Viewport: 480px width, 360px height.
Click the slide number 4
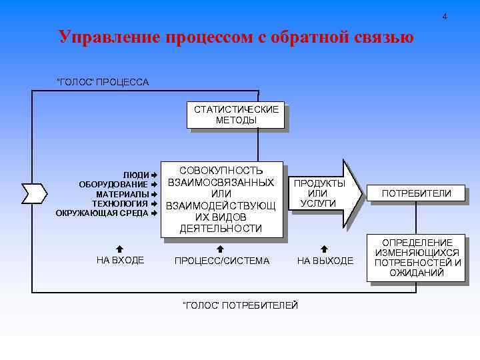(445, 15)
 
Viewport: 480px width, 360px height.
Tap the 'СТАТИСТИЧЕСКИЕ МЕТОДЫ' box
(237, 115)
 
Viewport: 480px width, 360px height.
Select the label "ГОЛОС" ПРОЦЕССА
(103, 82)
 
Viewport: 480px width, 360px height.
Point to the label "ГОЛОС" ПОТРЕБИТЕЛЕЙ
(240, 305)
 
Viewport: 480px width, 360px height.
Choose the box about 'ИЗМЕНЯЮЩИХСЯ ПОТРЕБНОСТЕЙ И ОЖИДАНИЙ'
(417, 257)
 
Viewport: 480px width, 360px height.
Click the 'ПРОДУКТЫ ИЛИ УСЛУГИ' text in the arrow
(319, 193)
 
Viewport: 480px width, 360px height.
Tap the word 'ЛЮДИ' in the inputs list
(136, 175)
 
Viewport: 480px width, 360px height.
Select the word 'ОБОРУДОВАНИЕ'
(113, 184)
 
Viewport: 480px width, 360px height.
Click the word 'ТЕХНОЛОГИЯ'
(119, 203)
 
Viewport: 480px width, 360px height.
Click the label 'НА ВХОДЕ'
(120, 260)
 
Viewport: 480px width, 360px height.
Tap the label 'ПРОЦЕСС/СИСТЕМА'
(222, 261)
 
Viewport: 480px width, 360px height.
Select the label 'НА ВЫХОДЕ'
(325, 261)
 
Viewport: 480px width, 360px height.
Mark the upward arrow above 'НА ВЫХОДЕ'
(325, 248)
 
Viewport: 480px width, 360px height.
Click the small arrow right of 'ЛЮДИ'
(153, 175)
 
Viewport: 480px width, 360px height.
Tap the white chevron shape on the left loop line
(33, 193)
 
